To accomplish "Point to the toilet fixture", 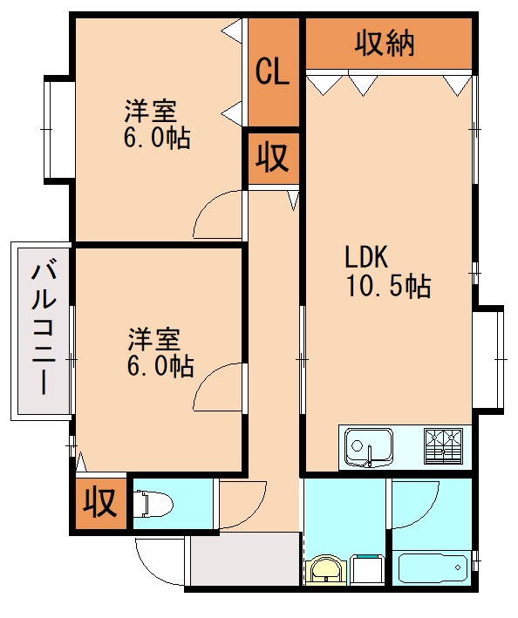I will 153,504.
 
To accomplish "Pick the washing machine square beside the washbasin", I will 366,571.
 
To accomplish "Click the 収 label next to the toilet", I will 99,504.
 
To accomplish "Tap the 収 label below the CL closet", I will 272,158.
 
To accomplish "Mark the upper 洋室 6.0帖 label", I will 156,124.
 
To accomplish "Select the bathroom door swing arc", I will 413,501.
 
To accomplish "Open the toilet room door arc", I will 242,503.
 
